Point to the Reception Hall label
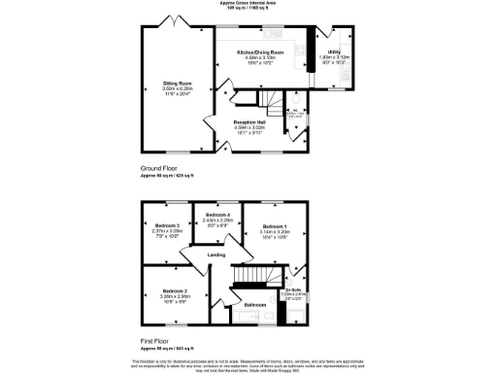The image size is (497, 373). [248, 122]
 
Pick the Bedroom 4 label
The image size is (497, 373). [216, 215]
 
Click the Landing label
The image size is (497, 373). [217, 254]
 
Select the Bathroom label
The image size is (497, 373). [254, 304]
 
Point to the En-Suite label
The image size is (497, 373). [292, 290]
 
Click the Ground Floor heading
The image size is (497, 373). [159, 168]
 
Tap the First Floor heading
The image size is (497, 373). [155, 341]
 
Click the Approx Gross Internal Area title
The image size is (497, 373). [248, 5]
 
